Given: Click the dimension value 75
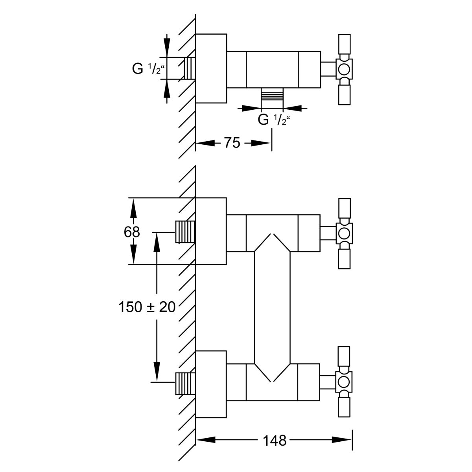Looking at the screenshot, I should point(232,143).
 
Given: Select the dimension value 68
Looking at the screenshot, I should point(132,232).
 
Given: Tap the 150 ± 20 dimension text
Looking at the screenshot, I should point(147,307).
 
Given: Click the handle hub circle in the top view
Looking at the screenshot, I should point(344,69).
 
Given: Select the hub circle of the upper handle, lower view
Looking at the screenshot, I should point(344,233).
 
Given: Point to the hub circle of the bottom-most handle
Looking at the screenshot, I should point(344,382).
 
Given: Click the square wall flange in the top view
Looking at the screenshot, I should point(211,68).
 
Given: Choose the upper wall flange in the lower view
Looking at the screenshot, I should point(211,230).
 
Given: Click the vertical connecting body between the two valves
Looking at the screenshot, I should point(272,307).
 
